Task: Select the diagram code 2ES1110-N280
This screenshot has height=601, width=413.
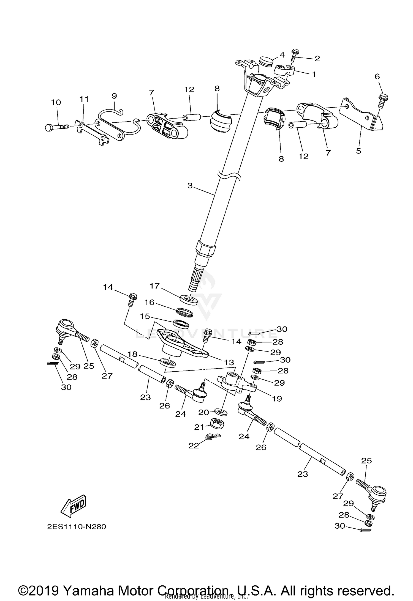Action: point(76,527)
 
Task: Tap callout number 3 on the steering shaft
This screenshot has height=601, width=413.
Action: point(190,186)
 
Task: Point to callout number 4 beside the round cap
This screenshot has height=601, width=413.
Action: point(282,55)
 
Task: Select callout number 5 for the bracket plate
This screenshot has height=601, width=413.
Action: point(358,151)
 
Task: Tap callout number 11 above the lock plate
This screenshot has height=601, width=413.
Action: point(84,99)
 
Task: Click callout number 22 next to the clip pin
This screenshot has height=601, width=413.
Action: point(194,446)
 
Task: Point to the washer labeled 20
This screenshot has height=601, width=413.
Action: point(221,412)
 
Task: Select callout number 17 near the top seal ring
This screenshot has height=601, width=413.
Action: point(155,286)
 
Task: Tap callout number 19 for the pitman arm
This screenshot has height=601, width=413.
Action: point(277,399)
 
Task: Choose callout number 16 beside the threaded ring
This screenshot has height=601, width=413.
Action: point(150,302)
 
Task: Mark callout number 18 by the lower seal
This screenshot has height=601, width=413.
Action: point(132,354)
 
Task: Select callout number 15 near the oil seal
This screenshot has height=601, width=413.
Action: point(145,316)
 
